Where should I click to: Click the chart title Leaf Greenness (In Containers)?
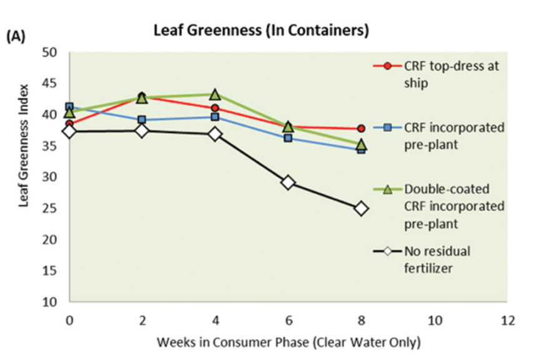pos(261,29)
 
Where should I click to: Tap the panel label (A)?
pos(16,37)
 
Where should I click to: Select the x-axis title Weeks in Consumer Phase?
pos(289,342)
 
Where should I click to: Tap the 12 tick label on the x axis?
pos(507,320)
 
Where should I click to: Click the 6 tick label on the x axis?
pos(288,320)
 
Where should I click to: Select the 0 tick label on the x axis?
pos(69,320)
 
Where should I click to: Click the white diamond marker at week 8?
pos(361,208)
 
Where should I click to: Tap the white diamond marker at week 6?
pos(288,182)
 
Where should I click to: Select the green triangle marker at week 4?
pos(215,94)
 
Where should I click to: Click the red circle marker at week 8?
pos(361,128)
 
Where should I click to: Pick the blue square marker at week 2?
pos(142,119)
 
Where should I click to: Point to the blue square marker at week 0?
pos(69,107)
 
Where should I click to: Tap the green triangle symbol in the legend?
pos(387,189)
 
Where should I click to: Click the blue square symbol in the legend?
pos(387,127)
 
